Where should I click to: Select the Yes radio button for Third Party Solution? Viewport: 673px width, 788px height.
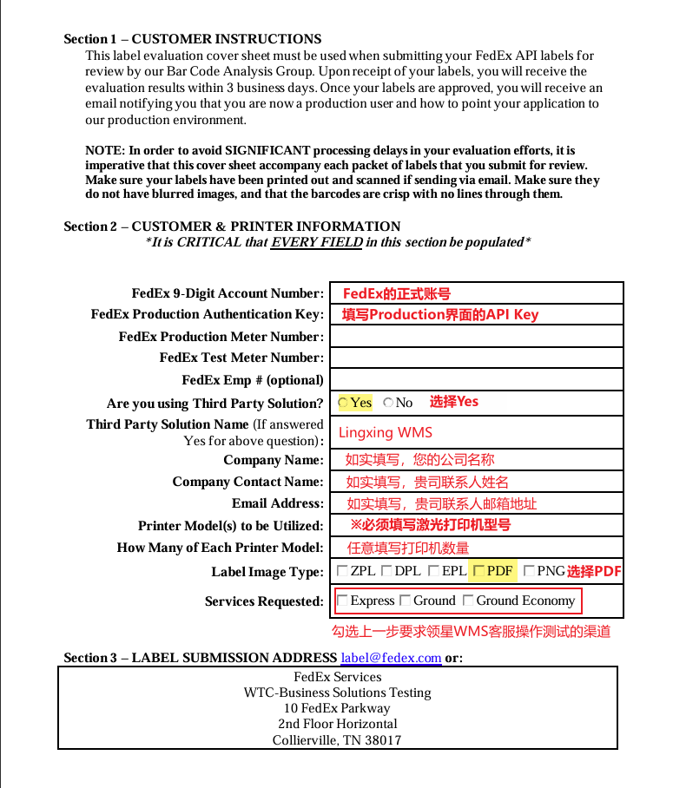pos(343,403)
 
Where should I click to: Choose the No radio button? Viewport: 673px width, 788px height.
pos(388,403)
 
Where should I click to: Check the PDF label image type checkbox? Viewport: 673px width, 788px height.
pos(478,571)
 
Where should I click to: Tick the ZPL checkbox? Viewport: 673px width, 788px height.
pos(342,571)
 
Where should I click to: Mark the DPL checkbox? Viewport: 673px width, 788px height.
pos(386,571)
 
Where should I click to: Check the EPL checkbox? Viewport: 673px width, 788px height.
pos(434,571)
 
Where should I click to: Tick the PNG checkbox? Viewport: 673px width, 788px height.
pos(529,571)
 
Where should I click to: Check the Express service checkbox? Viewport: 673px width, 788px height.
pos(342,601)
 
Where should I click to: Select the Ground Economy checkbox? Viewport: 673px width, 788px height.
pos(468,601)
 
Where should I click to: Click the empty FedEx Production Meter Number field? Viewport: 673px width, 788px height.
pos(477,336)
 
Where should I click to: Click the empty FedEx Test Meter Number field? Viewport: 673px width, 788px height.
pos(477,358)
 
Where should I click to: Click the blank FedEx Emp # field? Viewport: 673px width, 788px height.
pos(477,379)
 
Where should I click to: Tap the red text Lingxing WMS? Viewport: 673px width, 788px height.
pos(385,432)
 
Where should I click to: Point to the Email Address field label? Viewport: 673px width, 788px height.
pos(277,503)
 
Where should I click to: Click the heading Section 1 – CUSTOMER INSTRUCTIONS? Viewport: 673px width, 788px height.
pos(193,39)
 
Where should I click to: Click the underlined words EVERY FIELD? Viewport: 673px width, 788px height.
pos(316,242)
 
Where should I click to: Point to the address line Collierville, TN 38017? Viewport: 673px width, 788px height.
pos(337,740)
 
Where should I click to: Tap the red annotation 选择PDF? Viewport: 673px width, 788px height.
pos(594,571)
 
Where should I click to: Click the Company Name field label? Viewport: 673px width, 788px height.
pos(273,460)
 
